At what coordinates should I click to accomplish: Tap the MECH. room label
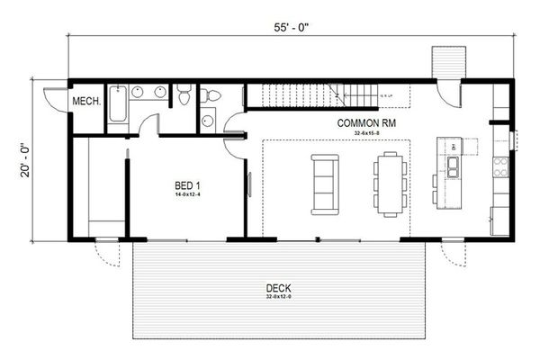tap(86, 101)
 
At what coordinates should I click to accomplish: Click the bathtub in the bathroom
tap(117, 106)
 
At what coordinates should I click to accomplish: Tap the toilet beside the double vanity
tap(184, 94)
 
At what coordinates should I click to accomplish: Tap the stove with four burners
tap(500, 166)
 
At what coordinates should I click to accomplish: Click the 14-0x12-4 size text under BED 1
tap(188, 194)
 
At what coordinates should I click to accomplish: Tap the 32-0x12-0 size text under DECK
tap(280, 298)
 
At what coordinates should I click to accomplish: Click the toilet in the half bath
tap(207, 94)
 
